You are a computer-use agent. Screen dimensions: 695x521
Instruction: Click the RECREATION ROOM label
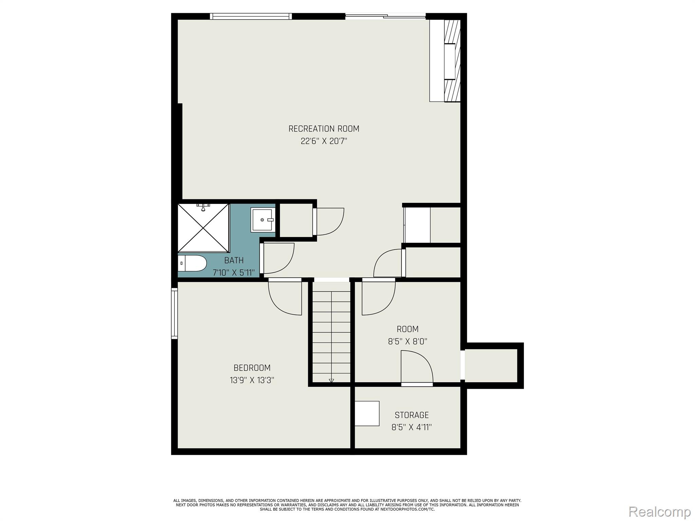324,129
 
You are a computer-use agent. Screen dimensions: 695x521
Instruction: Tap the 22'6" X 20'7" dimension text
324,141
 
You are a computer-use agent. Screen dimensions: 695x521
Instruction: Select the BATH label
234,260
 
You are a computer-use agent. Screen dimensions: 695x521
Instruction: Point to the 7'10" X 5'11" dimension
233,273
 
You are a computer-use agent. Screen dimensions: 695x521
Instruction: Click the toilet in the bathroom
192,263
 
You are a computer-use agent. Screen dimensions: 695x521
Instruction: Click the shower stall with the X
203,228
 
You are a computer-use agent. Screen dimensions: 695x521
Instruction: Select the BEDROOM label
252,368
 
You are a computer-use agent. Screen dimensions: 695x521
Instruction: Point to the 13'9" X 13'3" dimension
252,380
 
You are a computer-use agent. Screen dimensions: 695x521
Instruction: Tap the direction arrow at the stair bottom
332,381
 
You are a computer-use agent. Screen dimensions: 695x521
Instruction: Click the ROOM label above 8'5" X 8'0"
408,329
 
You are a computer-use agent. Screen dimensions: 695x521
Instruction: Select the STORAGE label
412,415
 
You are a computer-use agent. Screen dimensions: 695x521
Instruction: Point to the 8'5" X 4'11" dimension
412,427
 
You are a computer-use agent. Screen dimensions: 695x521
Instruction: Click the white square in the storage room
367,413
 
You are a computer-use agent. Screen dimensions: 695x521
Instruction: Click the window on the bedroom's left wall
174,313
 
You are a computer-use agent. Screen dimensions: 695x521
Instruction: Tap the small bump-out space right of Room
491,366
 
